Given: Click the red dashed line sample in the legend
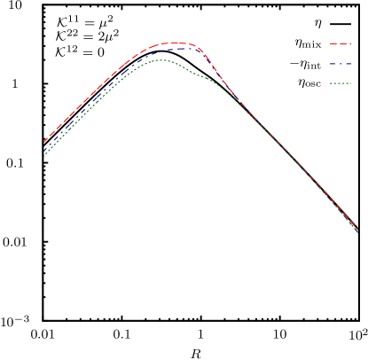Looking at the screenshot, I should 340,43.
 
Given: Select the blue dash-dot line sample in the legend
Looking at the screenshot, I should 340,64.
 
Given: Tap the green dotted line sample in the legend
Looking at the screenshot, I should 340,83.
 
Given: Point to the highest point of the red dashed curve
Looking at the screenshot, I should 175,43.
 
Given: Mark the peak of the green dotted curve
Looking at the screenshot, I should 160,60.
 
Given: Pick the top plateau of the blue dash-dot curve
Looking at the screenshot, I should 182,48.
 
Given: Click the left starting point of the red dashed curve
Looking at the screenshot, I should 44,142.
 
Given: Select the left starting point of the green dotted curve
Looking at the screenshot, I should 44,155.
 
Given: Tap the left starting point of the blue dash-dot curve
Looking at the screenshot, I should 44,147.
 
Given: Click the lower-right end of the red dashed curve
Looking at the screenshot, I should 356,227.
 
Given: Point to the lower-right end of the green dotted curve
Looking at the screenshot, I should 358,232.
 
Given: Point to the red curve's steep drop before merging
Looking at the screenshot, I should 217,74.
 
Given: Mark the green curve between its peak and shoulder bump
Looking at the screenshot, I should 184,68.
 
